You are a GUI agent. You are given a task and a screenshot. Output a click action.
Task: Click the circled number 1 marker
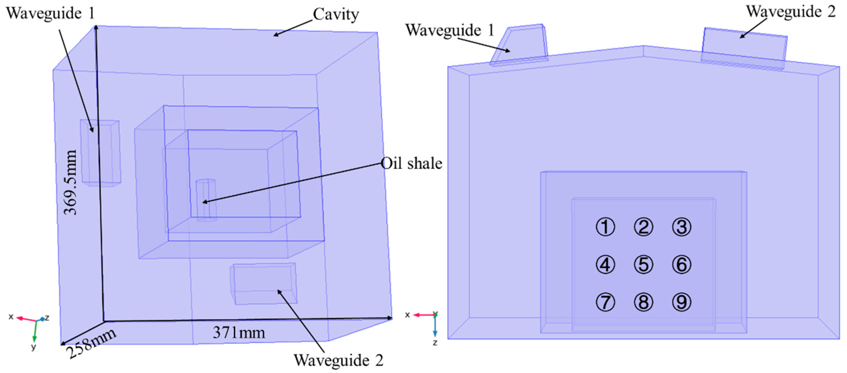605,227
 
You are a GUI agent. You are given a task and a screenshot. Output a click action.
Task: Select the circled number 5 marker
643,265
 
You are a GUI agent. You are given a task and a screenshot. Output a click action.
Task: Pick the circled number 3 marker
682,227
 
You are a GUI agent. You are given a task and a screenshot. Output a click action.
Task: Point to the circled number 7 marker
605,302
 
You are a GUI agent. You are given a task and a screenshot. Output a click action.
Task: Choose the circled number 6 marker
682,265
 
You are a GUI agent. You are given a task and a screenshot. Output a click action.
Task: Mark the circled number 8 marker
643,302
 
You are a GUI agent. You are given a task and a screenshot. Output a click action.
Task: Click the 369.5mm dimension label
70,182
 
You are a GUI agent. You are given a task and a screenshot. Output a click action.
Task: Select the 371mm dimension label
239,332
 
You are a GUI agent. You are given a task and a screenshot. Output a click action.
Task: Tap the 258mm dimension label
91,343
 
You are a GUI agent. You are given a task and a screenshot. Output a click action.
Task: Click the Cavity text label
335,14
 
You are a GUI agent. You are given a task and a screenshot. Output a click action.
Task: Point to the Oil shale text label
411,163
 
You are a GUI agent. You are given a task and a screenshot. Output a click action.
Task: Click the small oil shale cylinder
206,200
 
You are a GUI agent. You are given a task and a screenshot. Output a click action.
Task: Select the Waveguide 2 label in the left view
338,360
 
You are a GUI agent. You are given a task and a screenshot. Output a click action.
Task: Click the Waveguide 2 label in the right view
791,12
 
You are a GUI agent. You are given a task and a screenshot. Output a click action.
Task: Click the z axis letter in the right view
435,343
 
